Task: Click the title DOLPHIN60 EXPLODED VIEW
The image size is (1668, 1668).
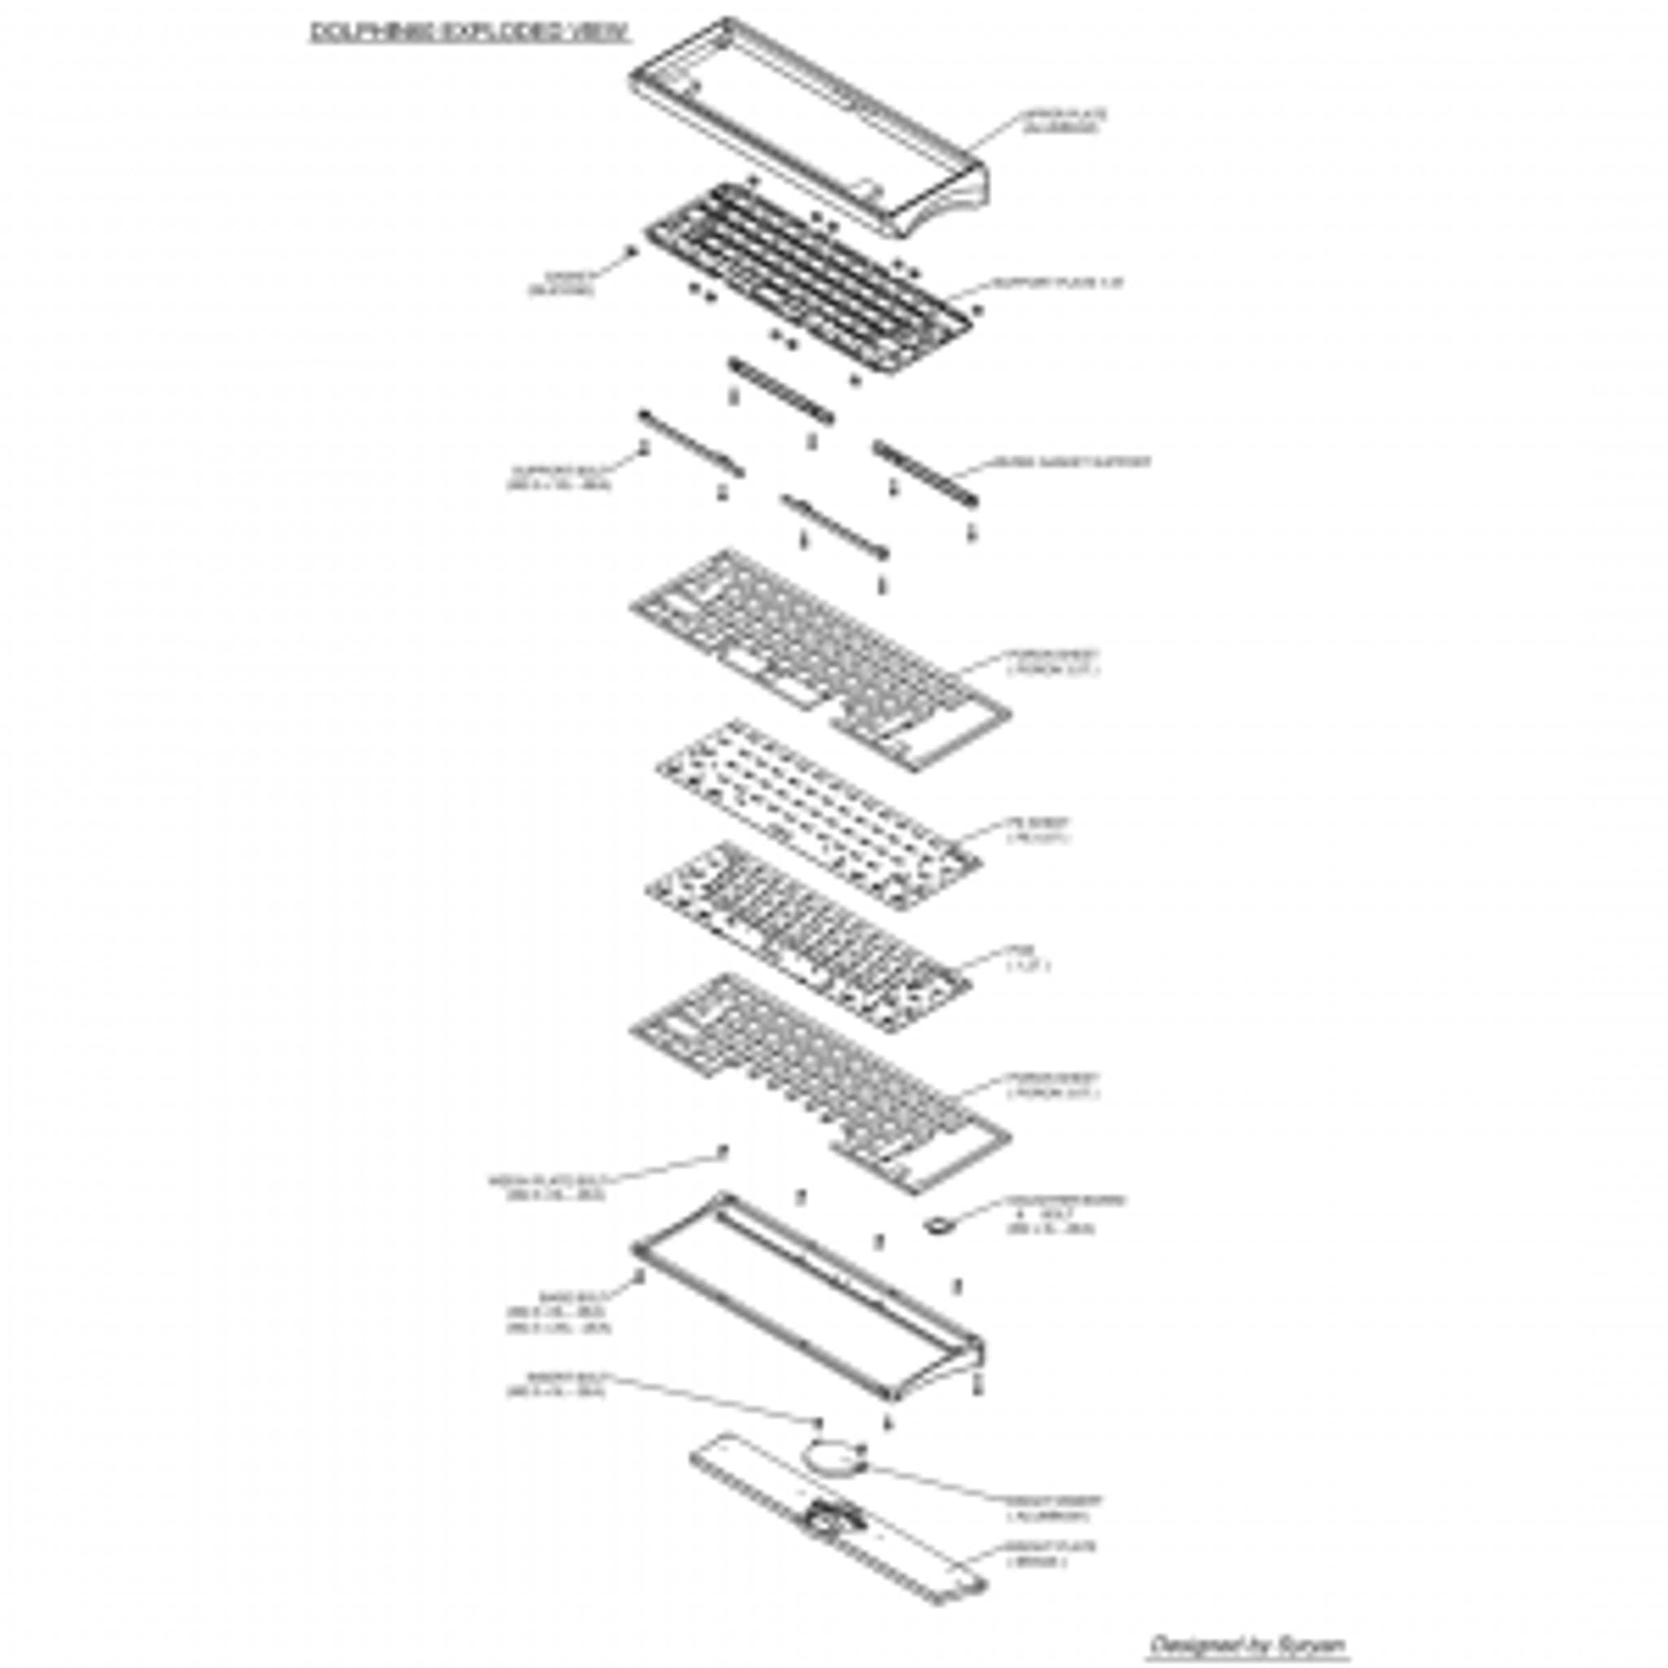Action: point(469,33)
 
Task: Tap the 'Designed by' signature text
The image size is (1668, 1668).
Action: point(1249,1644)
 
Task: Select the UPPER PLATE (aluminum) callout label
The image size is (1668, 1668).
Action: point(1063,121)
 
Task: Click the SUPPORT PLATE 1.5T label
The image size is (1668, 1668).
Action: point(1058,283)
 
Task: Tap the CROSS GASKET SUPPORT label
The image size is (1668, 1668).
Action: point(1069,462)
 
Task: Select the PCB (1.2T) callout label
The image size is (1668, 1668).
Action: point(1027,958)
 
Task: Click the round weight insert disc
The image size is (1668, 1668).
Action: point(834,1458)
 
